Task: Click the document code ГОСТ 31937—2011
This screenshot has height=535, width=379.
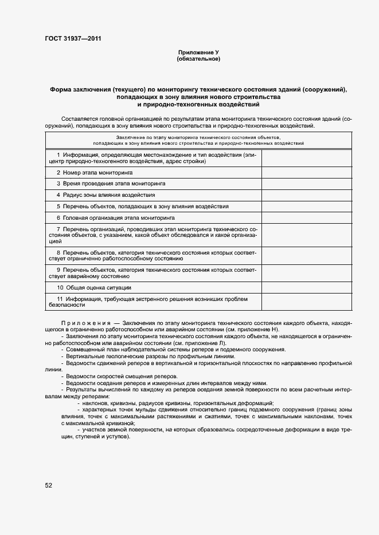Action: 75,39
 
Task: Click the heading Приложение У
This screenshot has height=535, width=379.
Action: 198,53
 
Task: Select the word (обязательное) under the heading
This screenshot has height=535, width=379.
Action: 198,60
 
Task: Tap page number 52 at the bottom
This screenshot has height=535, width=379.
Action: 49,485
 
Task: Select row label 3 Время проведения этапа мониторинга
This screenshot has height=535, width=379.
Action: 111,184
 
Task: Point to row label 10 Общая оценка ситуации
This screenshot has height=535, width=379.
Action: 94,287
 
